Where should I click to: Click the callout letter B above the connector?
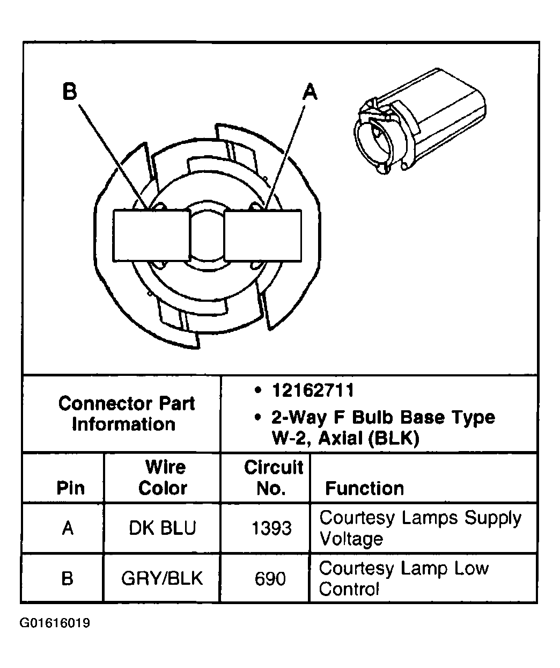(x=70, y=91)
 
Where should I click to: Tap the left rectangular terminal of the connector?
(x=152, y=236)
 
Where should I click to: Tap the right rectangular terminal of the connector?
(x=262, y=236)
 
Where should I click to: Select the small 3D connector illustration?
(x=419, y=122)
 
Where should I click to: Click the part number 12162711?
(x=313, y=390)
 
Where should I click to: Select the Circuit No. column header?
(x=273, y=477)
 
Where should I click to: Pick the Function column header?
(x=365, y=488)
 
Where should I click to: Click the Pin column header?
(x=70, y=488)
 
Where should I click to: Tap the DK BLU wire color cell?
(x=163, y=528)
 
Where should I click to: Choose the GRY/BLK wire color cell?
(x=162, y=578)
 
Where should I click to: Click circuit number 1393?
(x=271, y=528)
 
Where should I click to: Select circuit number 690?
(x=270, y=578)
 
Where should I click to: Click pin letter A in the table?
(x=67, y=528)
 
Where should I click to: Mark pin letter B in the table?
(x=67, y=578)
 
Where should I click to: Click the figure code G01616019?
(x=55, y=623)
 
